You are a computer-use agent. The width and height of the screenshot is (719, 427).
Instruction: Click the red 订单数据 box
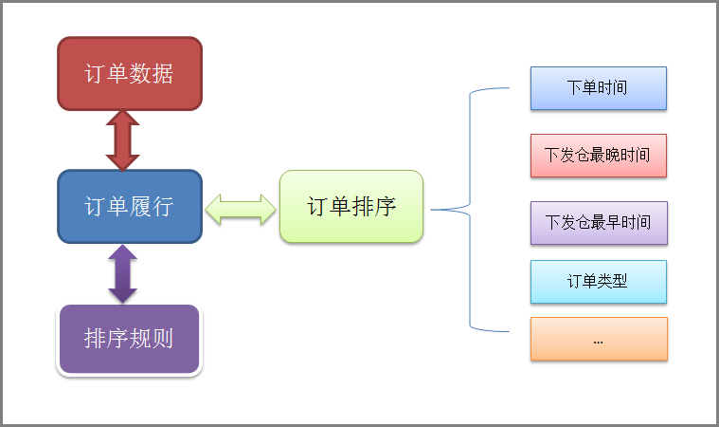tap(130, 73)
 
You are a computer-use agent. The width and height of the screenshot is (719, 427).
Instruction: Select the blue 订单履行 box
tap(130, 206)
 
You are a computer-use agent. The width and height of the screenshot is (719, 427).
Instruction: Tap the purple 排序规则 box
tap(130, 339)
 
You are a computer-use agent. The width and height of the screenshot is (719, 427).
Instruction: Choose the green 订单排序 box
tap(351, 206)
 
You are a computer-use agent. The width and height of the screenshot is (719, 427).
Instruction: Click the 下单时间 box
tap(599, 88)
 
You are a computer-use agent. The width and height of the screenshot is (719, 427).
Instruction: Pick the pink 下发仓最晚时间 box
tap(599, 156)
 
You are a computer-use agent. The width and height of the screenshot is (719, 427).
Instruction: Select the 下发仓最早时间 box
tap(599, 223)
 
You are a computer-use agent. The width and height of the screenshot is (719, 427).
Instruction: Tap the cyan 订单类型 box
tap(599, 282)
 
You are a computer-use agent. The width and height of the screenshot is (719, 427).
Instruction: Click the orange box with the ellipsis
tap(599, 339)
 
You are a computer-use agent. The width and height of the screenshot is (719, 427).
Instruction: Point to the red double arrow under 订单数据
tap(123, 140)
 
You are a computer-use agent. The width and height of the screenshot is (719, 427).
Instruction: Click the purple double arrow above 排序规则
tap(123, 273)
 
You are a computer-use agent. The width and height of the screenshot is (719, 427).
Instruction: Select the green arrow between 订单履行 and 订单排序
tap(241, 210)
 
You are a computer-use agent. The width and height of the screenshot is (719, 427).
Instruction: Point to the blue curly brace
tap(470, 210)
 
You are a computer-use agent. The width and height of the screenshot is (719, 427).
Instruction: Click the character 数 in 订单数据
tap(140, 73)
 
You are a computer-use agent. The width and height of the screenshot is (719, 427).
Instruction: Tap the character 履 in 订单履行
tap(140, 206)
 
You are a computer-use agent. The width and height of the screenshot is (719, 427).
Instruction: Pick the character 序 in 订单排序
tap(385, 206)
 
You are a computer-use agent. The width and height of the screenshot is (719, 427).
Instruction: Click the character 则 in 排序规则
tap(163, 339)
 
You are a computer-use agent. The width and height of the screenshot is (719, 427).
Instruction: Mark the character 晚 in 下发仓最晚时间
tap(612, 156)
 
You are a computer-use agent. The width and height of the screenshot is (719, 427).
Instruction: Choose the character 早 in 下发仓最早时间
tap(613, 222)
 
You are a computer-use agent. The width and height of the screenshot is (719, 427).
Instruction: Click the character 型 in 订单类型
tap(620, 281)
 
